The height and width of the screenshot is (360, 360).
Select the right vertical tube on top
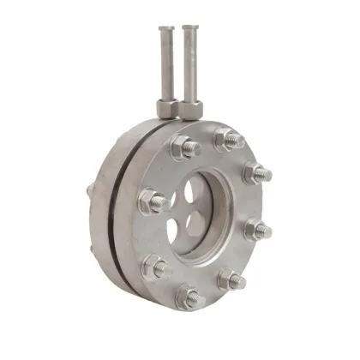coord(189,69)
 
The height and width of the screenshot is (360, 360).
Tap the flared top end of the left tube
coord(165,30)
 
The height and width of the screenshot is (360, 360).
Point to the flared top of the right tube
coord(189,30)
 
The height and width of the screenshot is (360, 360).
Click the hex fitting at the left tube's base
coord(166,108)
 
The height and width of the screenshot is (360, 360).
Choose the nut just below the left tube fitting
coord(183,147)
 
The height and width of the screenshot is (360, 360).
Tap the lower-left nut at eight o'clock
coord(154,267)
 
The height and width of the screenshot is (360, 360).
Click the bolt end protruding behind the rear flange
coord(88,190)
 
